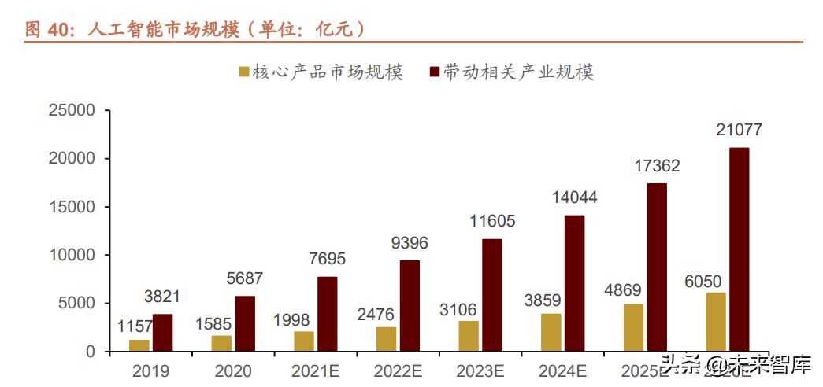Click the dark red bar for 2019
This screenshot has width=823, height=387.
click(163, 333)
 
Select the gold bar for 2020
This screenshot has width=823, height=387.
click(221, 343)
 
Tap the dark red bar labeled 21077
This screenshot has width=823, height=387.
click(739, 249)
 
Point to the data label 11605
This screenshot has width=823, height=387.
click(491, 221)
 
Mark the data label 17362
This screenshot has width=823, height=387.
click(656, 166)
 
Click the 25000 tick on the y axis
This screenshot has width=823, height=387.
click(72, 111)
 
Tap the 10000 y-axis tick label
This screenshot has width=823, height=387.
click(72, 255)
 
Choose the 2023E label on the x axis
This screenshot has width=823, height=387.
click(481, 370)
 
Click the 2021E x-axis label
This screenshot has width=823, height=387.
click(316, 370)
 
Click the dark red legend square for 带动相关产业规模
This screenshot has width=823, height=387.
click(433, 72)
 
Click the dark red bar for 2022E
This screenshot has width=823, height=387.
click(410, 306)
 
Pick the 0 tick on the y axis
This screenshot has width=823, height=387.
click(90, 352)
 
